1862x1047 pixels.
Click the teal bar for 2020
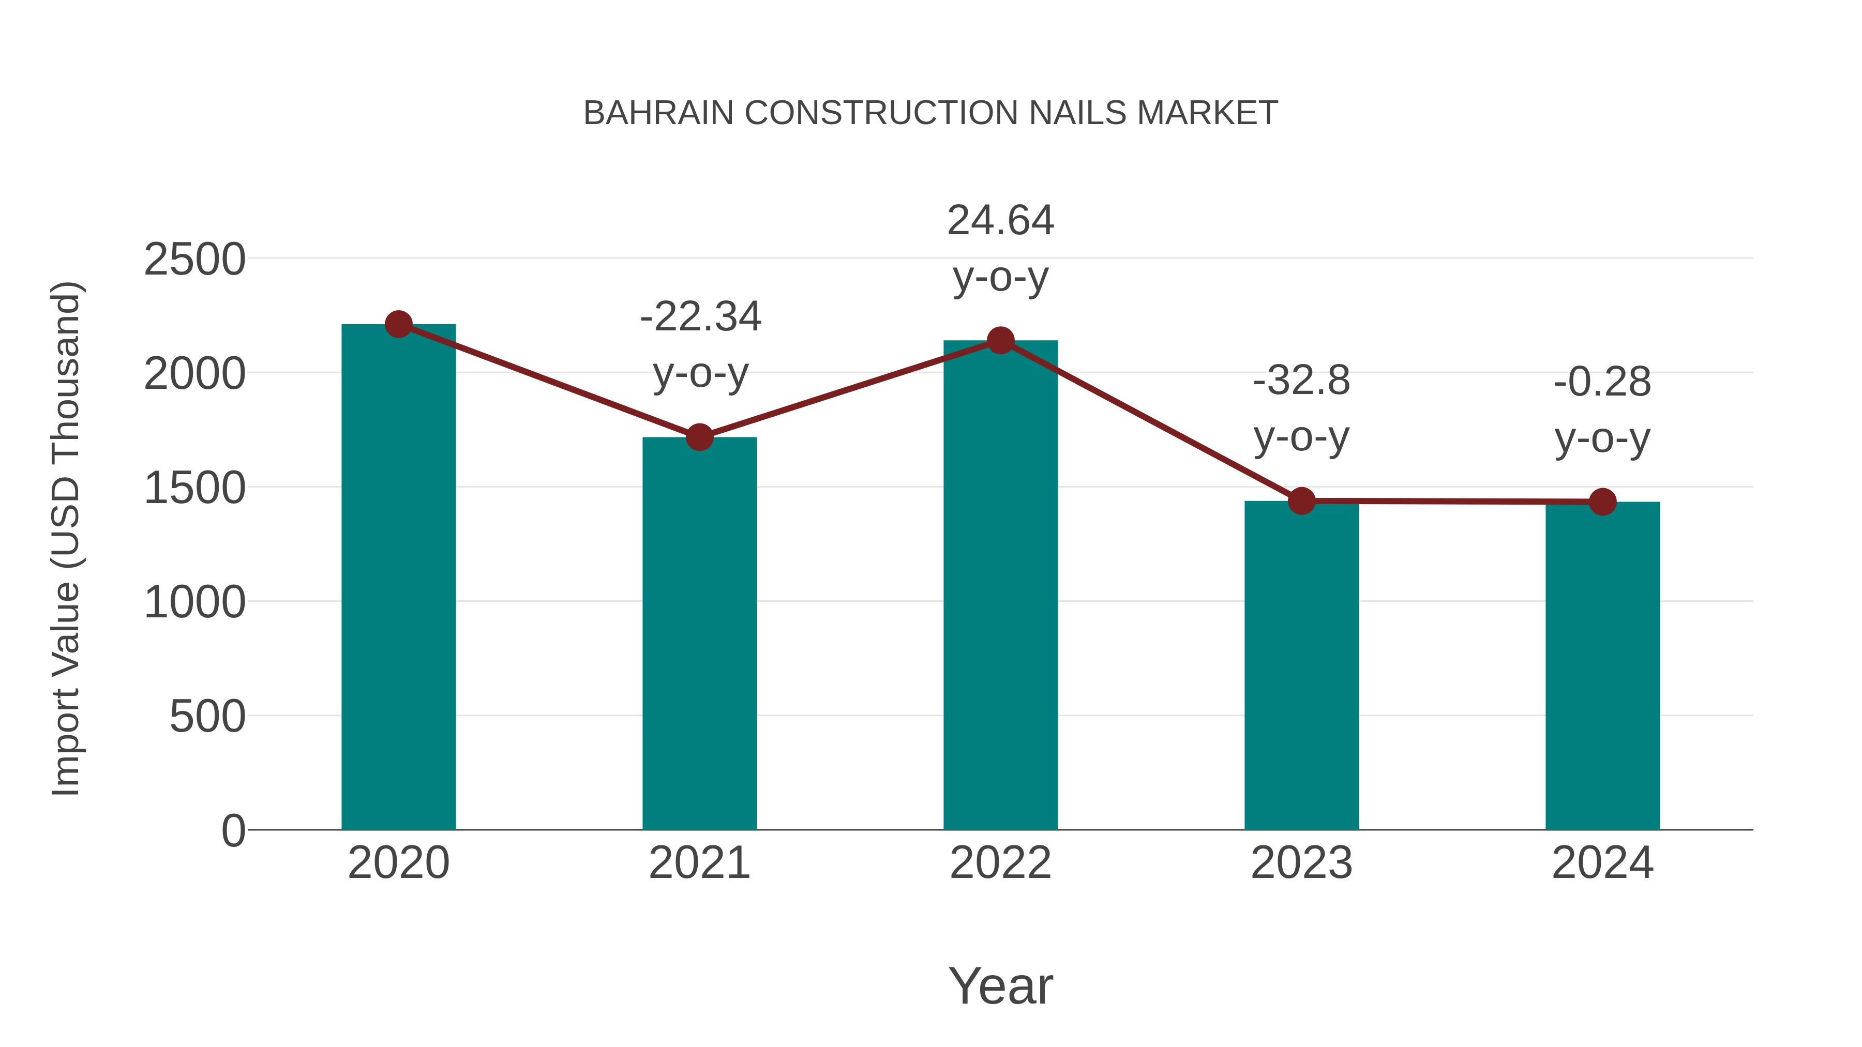point(398,578)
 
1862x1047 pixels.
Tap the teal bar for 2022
point(1000,585)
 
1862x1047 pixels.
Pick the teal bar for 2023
point(1301,665)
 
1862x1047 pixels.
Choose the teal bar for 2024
point(1602,665)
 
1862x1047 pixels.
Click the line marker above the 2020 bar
point(398,324)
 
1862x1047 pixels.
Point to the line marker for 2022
point(1000,340)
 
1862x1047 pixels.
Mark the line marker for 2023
point(1301,500)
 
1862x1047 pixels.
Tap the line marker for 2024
point(1602,502)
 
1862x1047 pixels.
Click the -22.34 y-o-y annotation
point(700,345)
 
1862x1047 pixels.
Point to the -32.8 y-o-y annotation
point(1301,408)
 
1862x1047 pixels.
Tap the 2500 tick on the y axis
point(194,260)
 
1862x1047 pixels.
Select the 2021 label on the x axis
point(699,863)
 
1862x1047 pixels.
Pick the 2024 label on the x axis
point(1602,863)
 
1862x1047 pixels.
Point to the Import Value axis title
point(67,538)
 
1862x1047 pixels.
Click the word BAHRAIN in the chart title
point(658,113)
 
